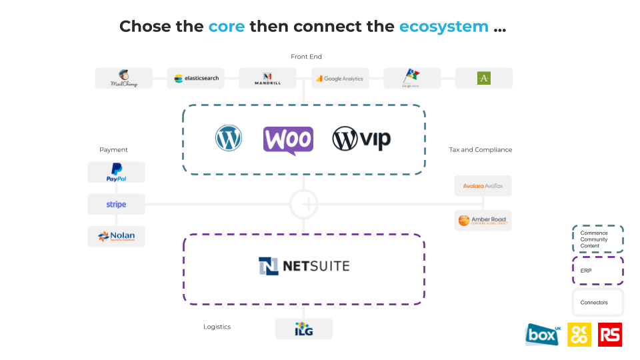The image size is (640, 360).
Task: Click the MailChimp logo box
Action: pyautogui.click(x=124, y=79)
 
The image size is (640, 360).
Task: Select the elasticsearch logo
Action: pyautogui.click(x=196, y=79)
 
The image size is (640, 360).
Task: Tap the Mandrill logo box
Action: pyautogui.click(x=267, y=79)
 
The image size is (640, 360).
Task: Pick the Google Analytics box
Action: pyautogui.click(x=340, y=79)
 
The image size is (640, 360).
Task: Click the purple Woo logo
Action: pyautogui.click(x=288, y=140)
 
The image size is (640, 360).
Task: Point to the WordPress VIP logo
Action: pyautogui.click(x=361, y=139)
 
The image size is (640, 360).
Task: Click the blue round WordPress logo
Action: pyautogui.click(x=229, y=138)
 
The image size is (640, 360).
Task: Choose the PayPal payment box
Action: pyautogui.click(x=116, y=172)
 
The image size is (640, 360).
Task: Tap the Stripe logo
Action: pyautogui.click(x=116, y=205)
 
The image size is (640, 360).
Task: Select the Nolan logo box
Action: pyautogui.click(x=116, y=236)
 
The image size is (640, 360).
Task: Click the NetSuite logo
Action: pyautogui.click(x=304, y=267)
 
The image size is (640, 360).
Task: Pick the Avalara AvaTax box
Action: pyautogui.click(x=483, y=186)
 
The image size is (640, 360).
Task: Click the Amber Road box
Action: pyautogui.click(x=483, y=220)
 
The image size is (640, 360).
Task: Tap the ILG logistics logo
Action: pyautogui.click(x=304, y=329)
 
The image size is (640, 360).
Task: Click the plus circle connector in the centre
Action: pyautogui.click(x=304, y=204)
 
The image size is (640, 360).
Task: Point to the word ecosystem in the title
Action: pyautogui.click(x=443, y=27)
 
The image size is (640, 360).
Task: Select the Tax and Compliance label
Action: pyautogui.click(x=481, y=150)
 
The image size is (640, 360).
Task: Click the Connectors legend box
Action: pyautogui.click(x=597, y=303)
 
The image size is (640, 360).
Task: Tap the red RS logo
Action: pyautogui.click(x=610, y=335)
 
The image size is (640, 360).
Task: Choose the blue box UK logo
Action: pyautogui.click(x=542, y=335)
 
